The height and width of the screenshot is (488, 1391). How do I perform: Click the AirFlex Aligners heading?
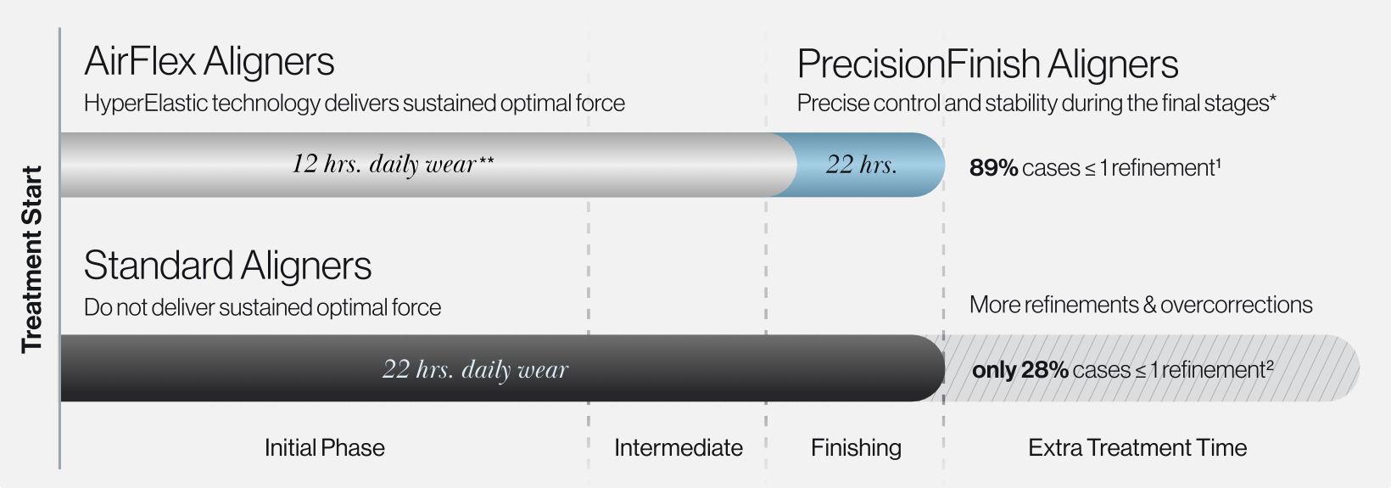pos(209,62)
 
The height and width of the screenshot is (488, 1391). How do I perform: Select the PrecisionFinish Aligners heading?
pos(987,64)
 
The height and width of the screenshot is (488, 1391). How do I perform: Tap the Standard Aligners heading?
pos(227,266)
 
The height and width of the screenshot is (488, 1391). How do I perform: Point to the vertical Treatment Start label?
pos(31,259)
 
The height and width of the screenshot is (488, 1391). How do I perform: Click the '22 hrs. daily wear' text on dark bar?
pos(475,369)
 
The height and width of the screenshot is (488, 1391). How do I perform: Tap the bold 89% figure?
pos(993,168)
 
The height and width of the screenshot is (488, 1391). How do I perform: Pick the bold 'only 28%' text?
pos(1020,370)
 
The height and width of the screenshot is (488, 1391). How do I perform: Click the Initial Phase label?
pos(325,447)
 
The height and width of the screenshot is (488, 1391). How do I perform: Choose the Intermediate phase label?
pos(679,447)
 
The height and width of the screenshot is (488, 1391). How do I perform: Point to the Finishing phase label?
pos(856,448)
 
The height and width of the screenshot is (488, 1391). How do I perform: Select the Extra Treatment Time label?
pos(1137,447)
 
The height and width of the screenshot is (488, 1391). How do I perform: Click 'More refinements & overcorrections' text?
pos(1141,305)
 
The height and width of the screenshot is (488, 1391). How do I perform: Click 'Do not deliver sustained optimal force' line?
pos(262,307)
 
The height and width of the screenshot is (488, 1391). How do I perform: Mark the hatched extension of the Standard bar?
pos(1152,368)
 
